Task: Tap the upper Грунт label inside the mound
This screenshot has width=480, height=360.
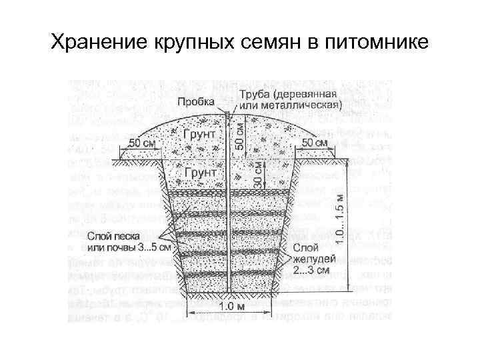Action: coord(200,133)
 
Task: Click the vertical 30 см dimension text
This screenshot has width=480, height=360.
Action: coord(257,171)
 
